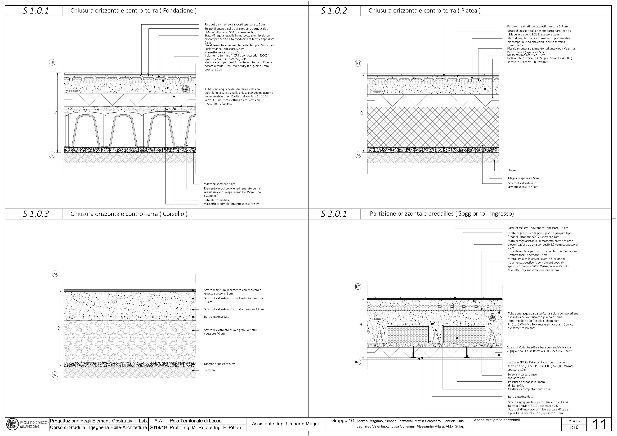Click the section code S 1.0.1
pos(36,11)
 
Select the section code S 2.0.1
pos(334,214)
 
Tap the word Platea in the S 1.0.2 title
pos(469,11)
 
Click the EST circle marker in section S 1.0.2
pos(358,155)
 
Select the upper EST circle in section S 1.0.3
pos(55,274)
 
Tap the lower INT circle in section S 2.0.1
pos(358,362)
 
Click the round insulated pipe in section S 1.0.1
pos(186,89)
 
